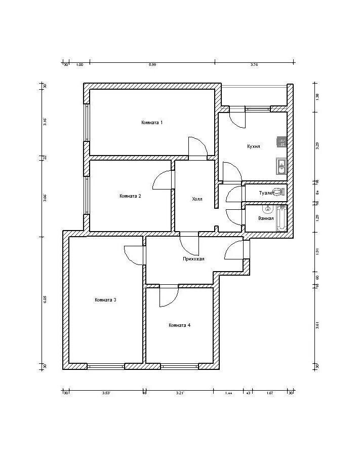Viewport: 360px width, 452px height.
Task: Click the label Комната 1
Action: pos(152,123)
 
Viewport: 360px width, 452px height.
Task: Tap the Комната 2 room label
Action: pos(130,196)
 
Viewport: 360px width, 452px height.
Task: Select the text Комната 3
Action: pos(105,300)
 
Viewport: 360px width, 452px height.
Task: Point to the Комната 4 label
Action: pos(179,325)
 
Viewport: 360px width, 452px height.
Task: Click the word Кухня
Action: pos(254,146)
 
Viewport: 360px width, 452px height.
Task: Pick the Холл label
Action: pos(197,199)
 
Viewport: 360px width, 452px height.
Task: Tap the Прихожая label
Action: pos(193,259)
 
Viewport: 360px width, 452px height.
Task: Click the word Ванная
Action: pos(266,218)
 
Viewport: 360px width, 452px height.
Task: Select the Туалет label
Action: pos(266,193)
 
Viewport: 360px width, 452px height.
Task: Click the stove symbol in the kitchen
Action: pos(282,142)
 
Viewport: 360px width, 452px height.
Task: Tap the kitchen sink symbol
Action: pos(281,165)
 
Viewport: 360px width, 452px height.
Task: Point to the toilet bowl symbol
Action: pos(282,192)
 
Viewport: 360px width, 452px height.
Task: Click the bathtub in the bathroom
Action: pos(282,218)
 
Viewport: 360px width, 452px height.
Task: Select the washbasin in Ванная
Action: pos(267,208)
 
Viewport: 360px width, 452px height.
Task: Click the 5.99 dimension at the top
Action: pos(152,64)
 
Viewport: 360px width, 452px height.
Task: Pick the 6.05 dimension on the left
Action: pos(45,299)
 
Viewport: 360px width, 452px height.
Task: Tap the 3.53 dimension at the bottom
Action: pos(106,393)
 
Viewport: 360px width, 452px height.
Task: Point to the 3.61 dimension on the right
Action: pos(317,325)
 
